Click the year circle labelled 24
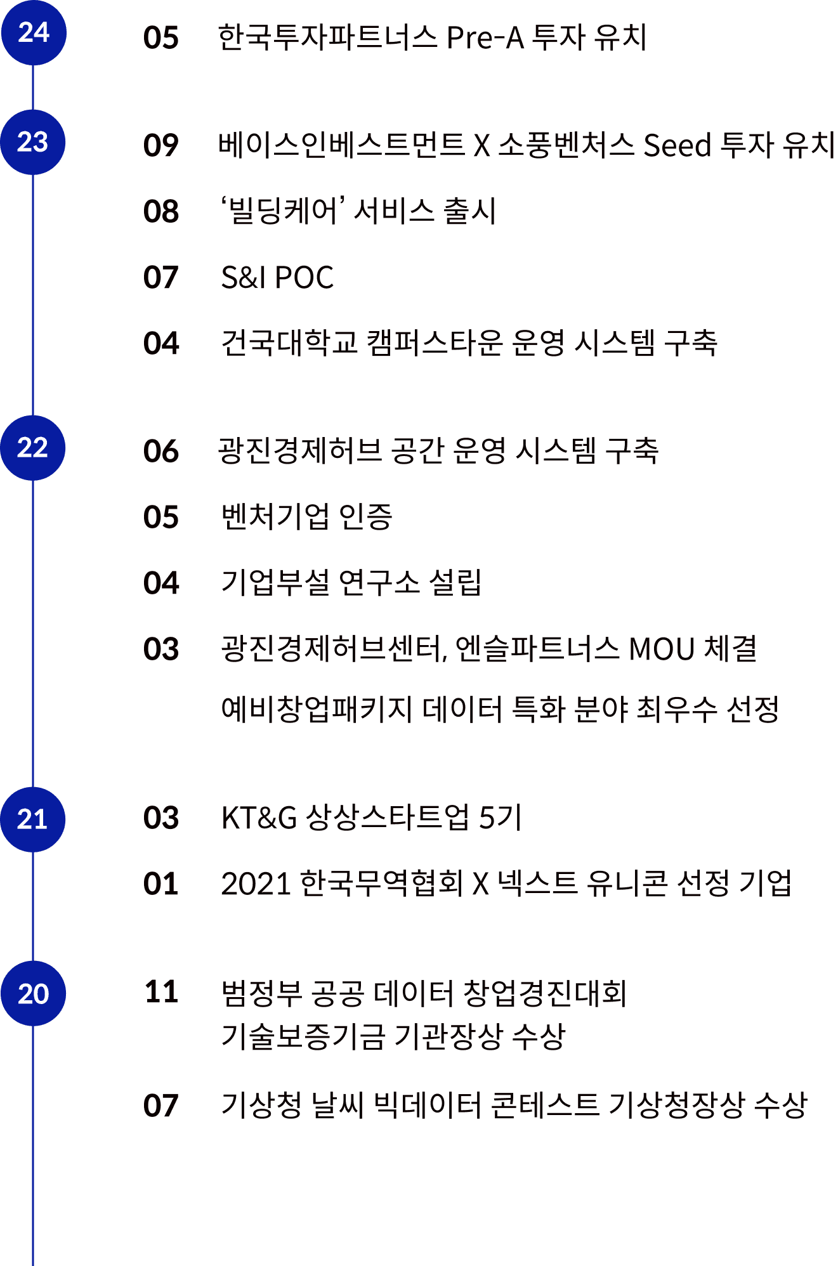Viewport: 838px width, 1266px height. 33,32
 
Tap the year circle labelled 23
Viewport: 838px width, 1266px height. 33,142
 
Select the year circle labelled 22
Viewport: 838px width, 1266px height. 33,448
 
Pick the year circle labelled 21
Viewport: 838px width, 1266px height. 33,819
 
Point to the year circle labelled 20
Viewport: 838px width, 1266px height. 33,993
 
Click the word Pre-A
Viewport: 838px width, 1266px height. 485,38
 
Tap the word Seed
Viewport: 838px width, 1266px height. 678,145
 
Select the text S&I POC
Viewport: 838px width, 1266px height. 277,278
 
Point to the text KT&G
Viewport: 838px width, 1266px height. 259,818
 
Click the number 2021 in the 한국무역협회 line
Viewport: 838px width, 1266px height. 255,884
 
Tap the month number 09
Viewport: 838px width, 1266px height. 161,145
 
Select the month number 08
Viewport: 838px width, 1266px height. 161,211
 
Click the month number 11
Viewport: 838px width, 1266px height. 161,992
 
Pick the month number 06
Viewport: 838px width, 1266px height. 161,451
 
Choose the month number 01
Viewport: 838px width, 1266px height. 161,884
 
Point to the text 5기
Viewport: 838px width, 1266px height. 500,818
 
